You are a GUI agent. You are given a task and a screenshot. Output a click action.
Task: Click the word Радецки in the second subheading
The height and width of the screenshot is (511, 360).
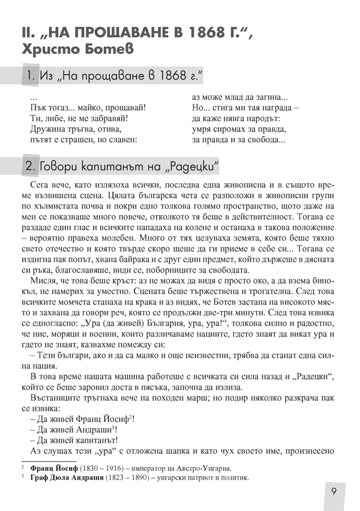pos(190,164)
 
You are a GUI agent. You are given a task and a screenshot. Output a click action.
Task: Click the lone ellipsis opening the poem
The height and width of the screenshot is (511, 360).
pos(34,96)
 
